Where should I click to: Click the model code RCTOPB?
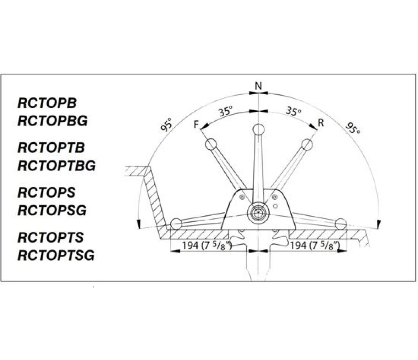click(47, 103)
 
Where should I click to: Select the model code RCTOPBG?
click(53, 121)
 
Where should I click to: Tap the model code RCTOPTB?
click(51, 148)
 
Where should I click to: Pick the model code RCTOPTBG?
click(57, 166)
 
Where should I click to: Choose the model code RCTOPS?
click(47, 193)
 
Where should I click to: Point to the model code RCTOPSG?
click(52, 211)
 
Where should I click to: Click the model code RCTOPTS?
click(50, 238)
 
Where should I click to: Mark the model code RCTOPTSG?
click(56, 255)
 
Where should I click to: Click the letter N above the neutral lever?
click(258, 86)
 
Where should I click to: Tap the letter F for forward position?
click(197, 125)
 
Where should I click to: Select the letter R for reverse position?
click(321, 123)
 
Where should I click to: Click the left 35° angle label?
click(225, 111)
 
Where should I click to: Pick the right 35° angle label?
click(293, 111)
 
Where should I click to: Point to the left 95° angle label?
click(167, 125)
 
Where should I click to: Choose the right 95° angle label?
click(353, 128)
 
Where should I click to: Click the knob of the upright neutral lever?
click(258, 130)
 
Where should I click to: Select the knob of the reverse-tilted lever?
click(307, 144)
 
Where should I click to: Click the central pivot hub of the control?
click(258, 213)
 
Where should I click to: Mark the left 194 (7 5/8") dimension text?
click(207, 245)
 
